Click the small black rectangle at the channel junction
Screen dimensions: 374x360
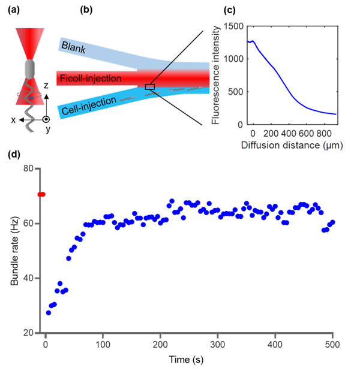click(149, 88)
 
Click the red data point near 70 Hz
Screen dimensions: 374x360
click(41, 194)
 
